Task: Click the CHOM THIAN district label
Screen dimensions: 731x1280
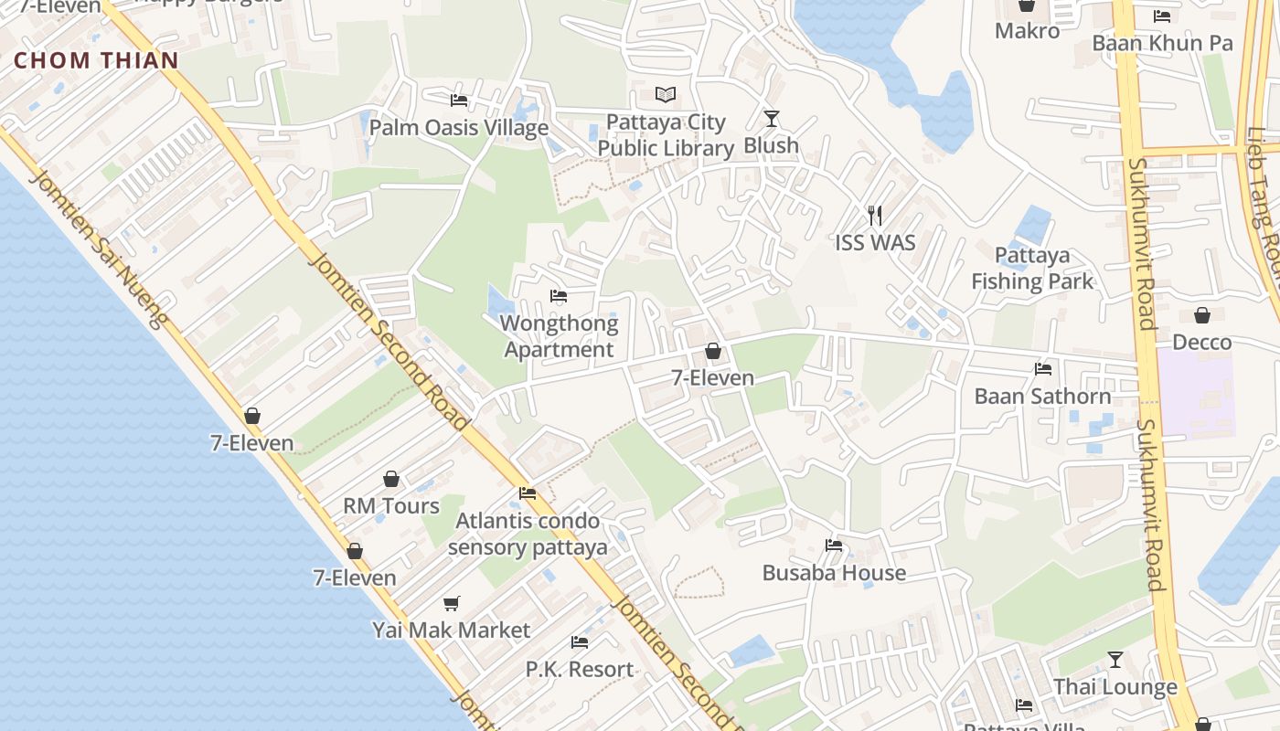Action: (x=96, y=61)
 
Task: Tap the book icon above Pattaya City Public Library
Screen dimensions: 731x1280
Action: (x=666, y=95)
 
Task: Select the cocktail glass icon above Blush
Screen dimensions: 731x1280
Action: (x=772, y=119)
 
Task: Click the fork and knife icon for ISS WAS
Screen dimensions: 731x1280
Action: (x=875, y=216)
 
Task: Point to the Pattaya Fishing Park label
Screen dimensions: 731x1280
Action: (x=1032, y=268)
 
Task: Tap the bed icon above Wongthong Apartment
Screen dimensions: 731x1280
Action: (x=559, y=296)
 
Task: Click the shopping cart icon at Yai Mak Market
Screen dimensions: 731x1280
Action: (x=451, y=603)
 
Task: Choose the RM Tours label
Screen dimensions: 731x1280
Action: (x=391, y=506)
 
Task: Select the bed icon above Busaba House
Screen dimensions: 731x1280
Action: (x=833, y=546)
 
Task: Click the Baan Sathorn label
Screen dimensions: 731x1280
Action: (x=1042, y=397)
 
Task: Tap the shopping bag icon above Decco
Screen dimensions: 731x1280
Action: (x=1202, y=315)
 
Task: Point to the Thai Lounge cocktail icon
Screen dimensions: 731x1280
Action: (x=1115, y=659)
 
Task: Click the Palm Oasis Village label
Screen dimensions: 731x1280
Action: (x=458, y=128)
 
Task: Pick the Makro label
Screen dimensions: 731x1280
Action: (x=1027, y=31)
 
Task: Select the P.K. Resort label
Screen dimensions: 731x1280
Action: (x=580, y=669)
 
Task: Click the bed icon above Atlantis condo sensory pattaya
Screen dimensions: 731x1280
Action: (x=528, y=493)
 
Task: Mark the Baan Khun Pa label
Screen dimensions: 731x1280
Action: (x=1162, y=43)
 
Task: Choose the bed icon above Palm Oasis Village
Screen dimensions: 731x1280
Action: (x=459, y=100)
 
